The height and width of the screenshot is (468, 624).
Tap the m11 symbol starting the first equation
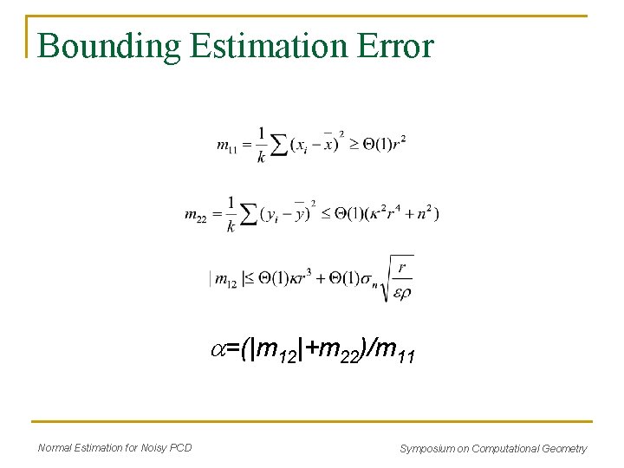[x=227, y=145]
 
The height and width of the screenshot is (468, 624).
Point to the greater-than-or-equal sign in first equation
[x=354, y=144]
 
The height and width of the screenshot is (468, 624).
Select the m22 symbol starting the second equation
[x=196, y=215]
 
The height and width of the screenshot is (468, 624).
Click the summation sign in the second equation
[x=249, y=214]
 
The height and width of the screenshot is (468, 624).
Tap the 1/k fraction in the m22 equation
[x=231, y=214]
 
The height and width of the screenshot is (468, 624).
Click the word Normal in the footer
[x=55, y=447]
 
